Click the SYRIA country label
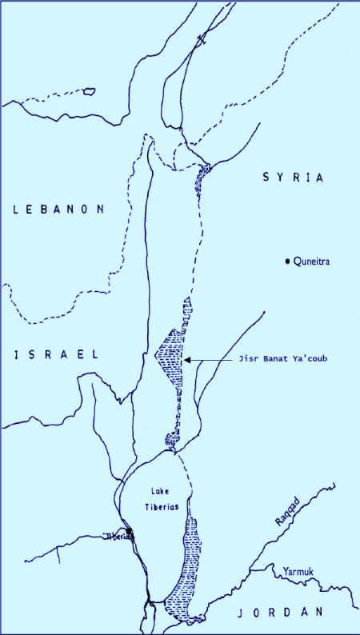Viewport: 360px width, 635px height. click(293, 178)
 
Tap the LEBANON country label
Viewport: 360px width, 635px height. click(60, 210)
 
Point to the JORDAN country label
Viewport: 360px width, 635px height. click(279, 612)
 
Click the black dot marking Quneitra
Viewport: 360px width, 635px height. click(287, 262)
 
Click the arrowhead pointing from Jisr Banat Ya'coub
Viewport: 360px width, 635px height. click(186, 361)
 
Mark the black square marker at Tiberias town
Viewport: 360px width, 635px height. click(129, 532)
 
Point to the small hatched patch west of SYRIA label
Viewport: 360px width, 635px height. click(204, 173)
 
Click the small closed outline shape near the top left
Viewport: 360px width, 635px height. click(88, 92)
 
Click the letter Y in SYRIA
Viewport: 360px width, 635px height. click(279, 178)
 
